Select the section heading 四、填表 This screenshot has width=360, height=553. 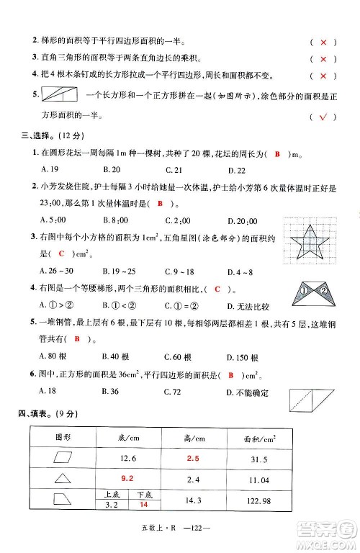37,413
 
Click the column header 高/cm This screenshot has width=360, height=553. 192,439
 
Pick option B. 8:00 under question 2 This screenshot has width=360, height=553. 115,220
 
